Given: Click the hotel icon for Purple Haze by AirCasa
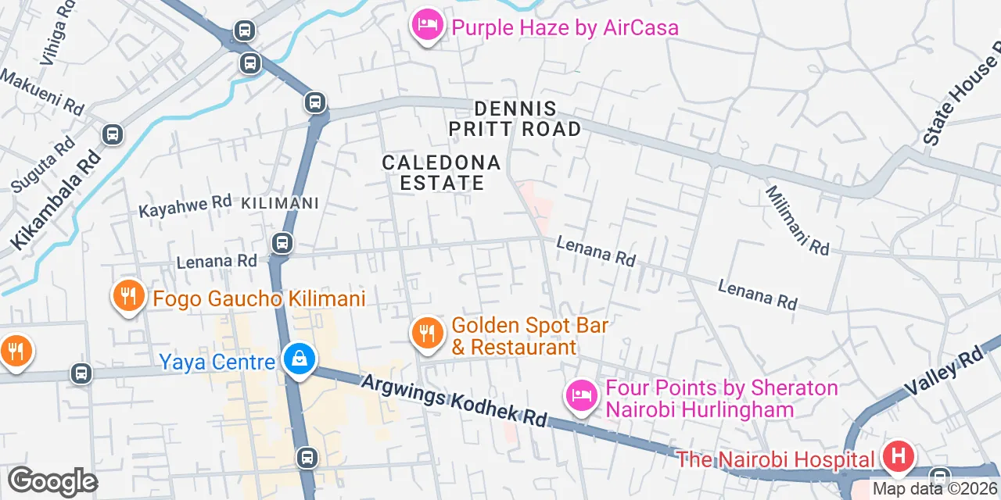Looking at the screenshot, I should tap(427, 25).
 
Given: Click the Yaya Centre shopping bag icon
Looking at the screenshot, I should tap(299, 359).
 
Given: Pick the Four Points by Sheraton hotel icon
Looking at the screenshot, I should tap(580, 396).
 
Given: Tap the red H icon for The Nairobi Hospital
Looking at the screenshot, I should tap(897, 455).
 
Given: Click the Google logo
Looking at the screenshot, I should tap(52, 482).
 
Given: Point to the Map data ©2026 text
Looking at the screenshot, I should tap(935, 489).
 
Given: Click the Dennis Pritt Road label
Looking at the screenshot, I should tap(515, 119).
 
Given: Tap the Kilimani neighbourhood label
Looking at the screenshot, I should tap(280, 203).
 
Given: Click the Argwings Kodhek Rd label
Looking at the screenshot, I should tap(454, 401).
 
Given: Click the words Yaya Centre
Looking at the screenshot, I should tap(217, 362).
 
